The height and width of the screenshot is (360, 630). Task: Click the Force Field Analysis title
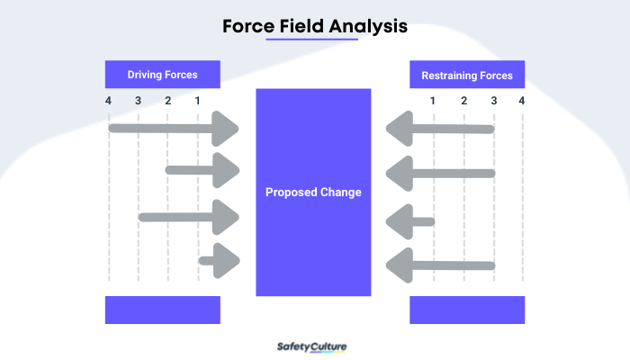[315, 27]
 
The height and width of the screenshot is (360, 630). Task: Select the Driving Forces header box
[163, 74]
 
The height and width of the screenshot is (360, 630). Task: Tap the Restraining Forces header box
[467, 75]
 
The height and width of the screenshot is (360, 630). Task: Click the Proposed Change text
[313, 193]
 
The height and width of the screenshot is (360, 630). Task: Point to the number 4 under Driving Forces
[108, 100]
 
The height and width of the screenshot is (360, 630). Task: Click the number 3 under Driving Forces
[138, 100]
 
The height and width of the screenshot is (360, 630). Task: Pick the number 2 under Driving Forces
[168, 100]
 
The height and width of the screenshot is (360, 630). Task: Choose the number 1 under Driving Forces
[198, 100]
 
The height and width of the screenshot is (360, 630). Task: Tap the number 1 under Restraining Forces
[433, 100]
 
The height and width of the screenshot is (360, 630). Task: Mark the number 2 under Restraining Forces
[463, 100]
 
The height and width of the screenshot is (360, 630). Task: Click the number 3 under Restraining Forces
[493, 100]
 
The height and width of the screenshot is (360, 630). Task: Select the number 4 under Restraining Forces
[522, 100]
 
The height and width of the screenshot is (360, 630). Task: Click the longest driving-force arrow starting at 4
[171, 129]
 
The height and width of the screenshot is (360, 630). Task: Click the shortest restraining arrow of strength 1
[409, 221]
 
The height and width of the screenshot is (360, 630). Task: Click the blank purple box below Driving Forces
[163, 310]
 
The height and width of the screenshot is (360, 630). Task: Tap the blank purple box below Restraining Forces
[467, 310]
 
